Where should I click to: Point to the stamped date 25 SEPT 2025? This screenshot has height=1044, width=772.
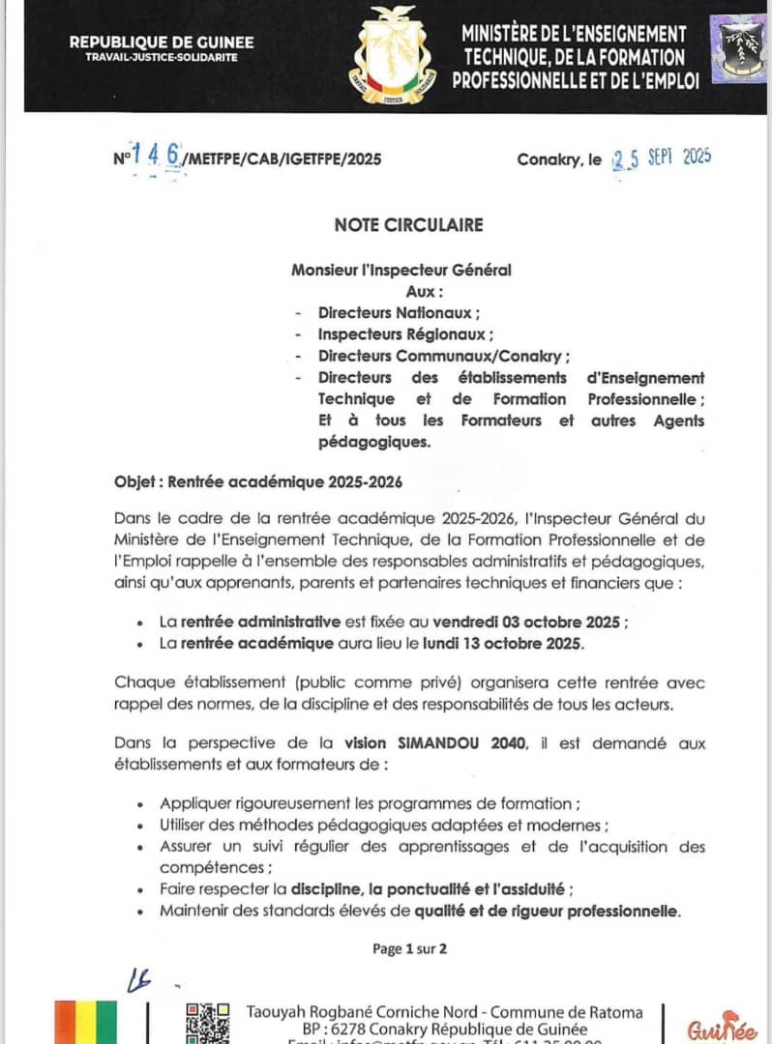coord(662,158)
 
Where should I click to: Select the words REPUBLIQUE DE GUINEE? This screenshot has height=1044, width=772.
coord(162,42)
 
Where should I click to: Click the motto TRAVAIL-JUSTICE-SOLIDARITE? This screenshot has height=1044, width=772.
coord(162,57)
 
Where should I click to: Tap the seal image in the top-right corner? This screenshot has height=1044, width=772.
coord(738,49)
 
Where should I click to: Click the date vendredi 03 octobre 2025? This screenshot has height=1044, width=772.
coord(527,621)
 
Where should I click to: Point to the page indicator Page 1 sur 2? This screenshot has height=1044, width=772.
coord(409,948)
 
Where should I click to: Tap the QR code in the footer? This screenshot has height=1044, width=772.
coord(208,1023)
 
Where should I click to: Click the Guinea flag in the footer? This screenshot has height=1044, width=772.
coord(86,1022)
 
